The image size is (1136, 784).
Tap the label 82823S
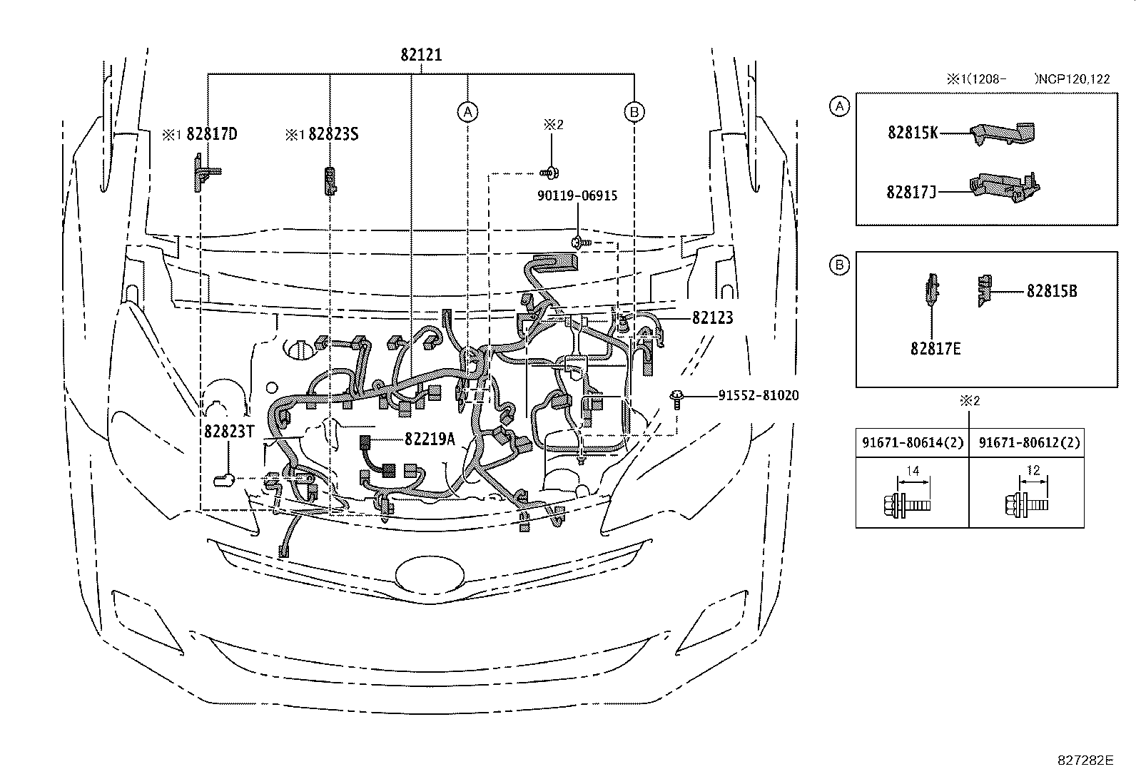333,134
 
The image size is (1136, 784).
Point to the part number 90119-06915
577,195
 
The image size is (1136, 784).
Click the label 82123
712,318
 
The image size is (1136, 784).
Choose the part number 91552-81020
758,395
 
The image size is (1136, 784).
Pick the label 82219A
429,439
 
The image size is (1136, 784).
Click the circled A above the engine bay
467,111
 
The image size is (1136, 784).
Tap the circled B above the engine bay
634,111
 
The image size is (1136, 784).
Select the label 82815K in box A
913,133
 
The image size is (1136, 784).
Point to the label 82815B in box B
1052,291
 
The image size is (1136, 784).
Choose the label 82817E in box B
935,349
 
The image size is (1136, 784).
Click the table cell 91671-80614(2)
912,443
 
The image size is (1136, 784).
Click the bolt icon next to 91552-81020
676,398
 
